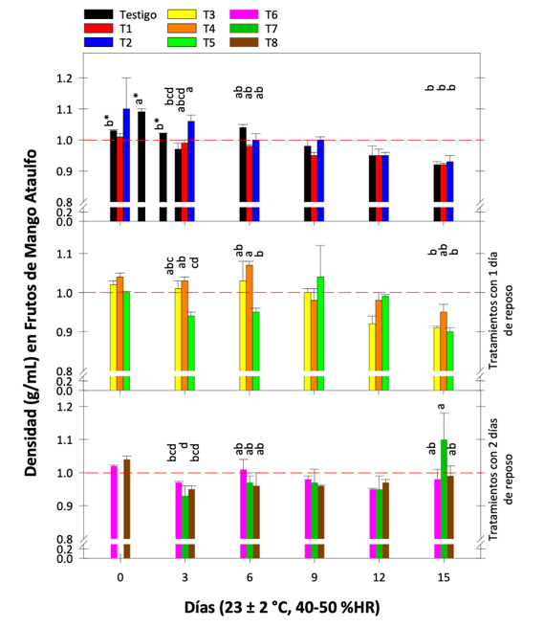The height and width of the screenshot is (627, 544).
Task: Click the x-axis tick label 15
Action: [443, 578]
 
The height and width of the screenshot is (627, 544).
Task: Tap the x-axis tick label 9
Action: [314, 578]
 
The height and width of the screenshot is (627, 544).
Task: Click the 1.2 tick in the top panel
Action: [65, 78]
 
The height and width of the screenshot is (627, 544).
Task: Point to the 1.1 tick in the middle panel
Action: [65, 254]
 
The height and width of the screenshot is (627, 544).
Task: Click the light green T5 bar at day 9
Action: [320, 325]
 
